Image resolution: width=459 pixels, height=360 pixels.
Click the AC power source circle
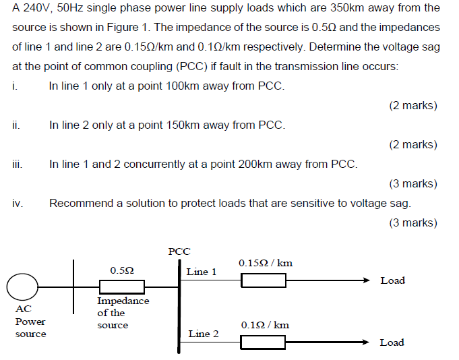(22, 288)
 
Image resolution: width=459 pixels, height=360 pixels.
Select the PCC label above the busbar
(179, 251)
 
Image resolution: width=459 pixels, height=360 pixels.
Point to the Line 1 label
(202, 272)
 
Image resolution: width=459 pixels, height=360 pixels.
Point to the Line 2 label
(203, 334)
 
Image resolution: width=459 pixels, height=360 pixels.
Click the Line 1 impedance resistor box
(264, 280)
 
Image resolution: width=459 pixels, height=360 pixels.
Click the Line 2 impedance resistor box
(264, 342)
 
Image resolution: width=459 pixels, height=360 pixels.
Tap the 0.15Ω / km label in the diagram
(266, 263)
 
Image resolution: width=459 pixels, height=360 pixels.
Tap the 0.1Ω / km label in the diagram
(265, 325)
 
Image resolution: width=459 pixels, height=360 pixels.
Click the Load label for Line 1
(392, 280)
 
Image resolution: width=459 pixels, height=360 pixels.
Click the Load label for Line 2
(392, 342)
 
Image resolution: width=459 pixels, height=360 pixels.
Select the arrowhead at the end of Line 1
(365, 280)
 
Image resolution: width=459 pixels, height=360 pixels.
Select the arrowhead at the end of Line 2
(365, 342)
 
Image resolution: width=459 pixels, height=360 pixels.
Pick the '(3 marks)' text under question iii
(413, 183)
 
